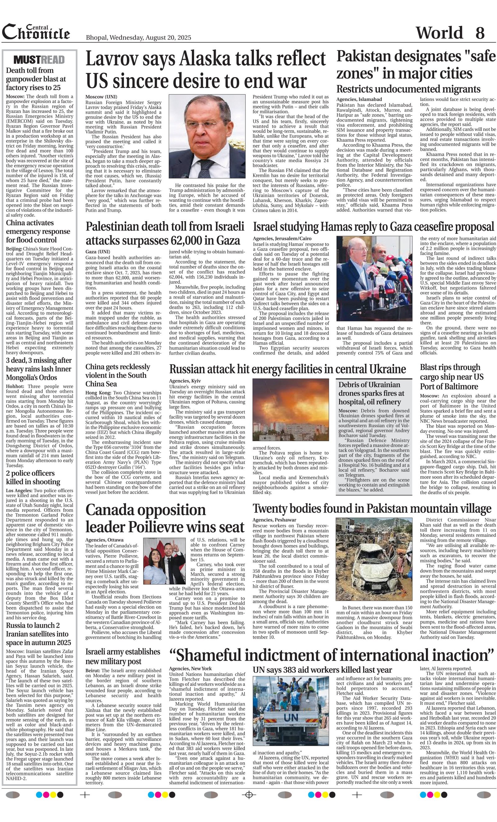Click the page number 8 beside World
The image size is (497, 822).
480,33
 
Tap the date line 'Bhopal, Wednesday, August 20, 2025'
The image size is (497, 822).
138,38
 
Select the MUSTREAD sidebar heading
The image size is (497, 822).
39,60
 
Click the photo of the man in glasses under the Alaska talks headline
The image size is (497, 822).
207,136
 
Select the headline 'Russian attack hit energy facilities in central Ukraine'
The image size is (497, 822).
287,369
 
